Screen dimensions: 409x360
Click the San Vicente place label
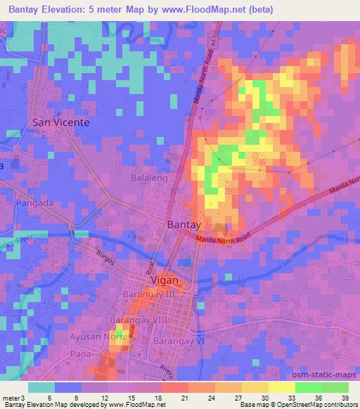[x=61, y=122]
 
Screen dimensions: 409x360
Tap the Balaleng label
[x=148, y=178]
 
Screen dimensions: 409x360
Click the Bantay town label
[x=184, y=224]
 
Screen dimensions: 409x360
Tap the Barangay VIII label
[x=137, y=320]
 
